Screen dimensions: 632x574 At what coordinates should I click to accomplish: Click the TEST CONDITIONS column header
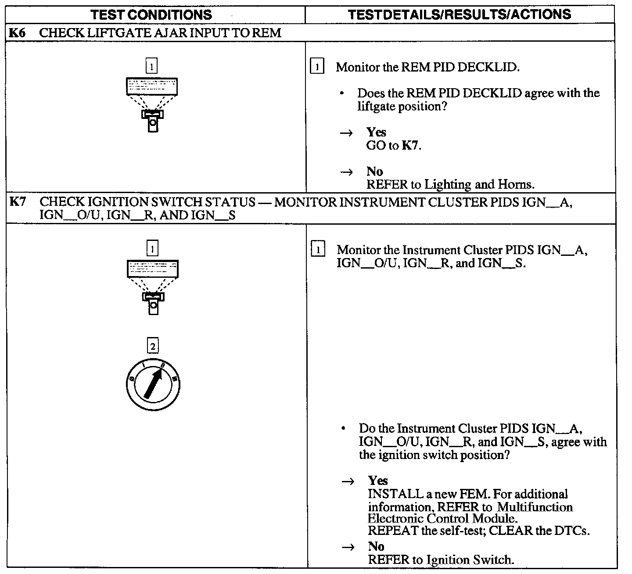click(x=151, y=14)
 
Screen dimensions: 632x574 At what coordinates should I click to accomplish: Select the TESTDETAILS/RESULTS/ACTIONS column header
click(x=460, y=14)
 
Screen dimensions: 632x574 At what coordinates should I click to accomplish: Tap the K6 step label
click(x=17, y=33)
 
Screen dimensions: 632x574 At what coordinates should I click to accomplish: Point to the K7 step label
click(x=17, y=202)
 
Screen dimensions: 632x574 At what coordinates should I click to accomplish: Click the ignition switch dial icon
click(x=153, y=385)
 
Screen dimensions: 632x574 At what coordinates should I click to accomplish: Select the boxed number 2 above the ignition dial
click(x=152, y=347)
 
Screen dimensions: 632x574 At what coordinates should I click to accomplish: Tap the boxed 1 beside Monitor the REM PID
click(x=317, y=67)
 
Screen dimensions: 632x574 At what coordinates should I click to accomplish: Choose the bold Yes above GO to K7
click(x=376, y=132)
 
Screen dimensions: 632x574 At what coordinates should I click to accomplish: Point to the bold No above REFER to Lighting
click(x=374, y=171)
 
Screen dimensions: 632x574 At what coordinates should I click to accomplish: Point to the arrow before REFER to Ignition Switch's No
click(x=348, y=547)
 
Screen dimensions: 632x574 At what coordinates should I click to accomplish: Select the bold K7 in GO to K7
click(x=411, y=145)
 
